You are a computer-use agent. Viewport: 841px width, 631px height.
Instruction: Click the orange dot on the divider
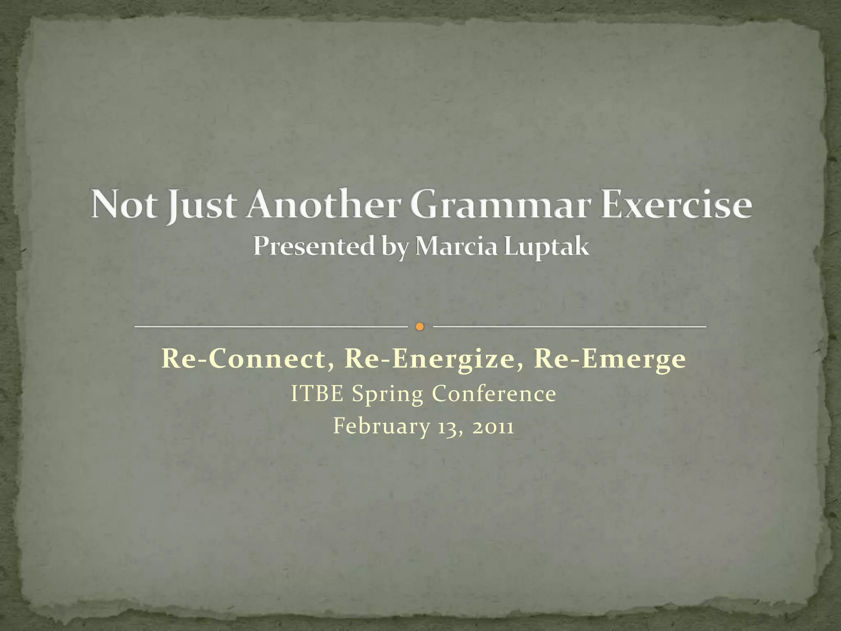click(x=419, y=327)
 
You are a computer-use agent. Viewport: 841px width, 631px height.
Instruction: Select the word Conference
click(x=494, y=394)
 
